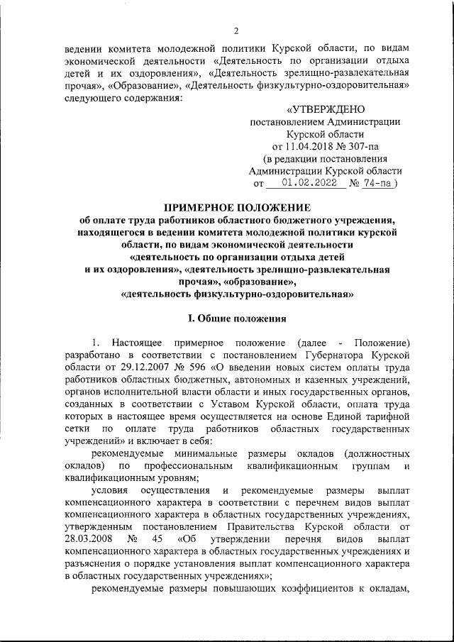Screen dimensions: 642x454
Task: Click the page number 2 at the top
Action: point(236,30)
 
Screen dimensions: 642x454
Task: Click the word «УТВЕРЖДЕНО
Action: point(326,110)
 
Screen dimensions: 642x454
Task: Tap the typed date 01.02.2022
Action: point(305,182)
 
